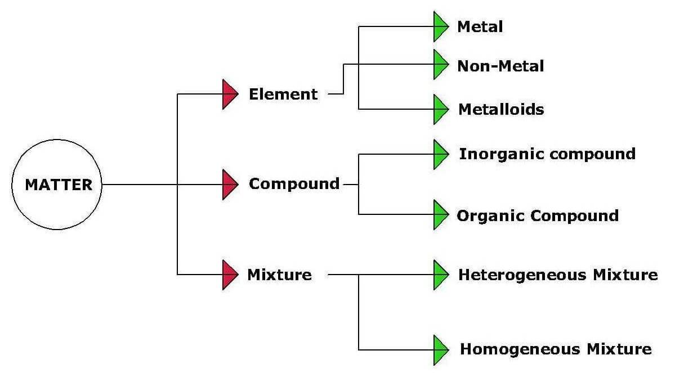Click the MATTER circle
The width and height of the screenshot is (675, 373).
(x=56, y=184)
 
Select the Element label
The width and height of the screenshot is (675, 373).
(x=283, y=94)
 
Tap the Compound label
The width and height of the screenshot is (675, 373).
(x=294, y=184)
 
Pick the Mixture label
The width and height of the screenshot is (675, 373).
(x=279, y=275)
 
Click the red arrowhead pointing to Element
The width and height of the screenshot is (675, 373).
(x=230, y=94)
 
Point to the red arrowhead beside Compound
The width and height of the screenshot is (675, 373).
(x=230, y=184)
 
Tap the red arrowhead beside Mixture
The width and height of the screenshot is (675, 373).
(x=230, y=275)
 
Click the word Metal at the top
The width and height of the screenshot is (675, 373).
(x=480, y=26)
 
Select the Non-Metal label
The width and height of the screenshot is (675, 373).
(x=500, y=66)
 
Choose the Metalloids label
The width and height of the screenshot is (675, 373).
(x=501, y=109)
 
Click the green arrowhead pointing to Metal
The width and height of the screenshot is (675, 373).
(x=440, y=26)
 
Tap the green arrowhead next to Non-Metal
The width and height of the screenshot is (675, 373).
(x=440, y=64)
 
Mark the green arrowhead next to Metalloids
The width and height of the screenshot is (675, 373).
(x=440, y=109)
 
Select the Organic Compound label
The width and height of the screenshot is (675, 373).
(x=538, y=215)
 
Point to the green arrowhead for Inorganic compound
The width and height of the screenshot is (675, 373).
(x=440, y=154)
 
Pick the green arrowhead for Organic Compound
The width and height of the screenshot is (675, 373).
(x=440, y=214)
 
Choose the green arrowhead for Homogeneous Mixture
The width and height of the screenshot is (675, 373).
(x=440, y=349)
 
